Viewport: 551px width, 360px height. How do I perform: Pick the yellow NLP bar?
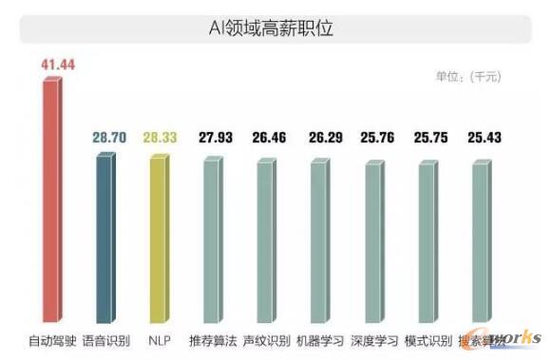coord(159,237)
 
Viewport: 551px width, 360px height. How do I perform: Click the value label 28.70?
coord(109,138)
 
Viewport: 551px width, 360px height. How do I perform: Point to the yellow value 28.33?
coord(163,138)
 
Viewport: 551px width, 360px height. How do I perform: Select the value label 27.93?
coord(218,138)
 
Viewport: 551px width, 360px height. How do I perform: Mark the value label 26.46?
coord(272,138)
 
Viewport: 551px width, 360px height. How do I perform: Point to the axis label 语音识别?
coord(106,339)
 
